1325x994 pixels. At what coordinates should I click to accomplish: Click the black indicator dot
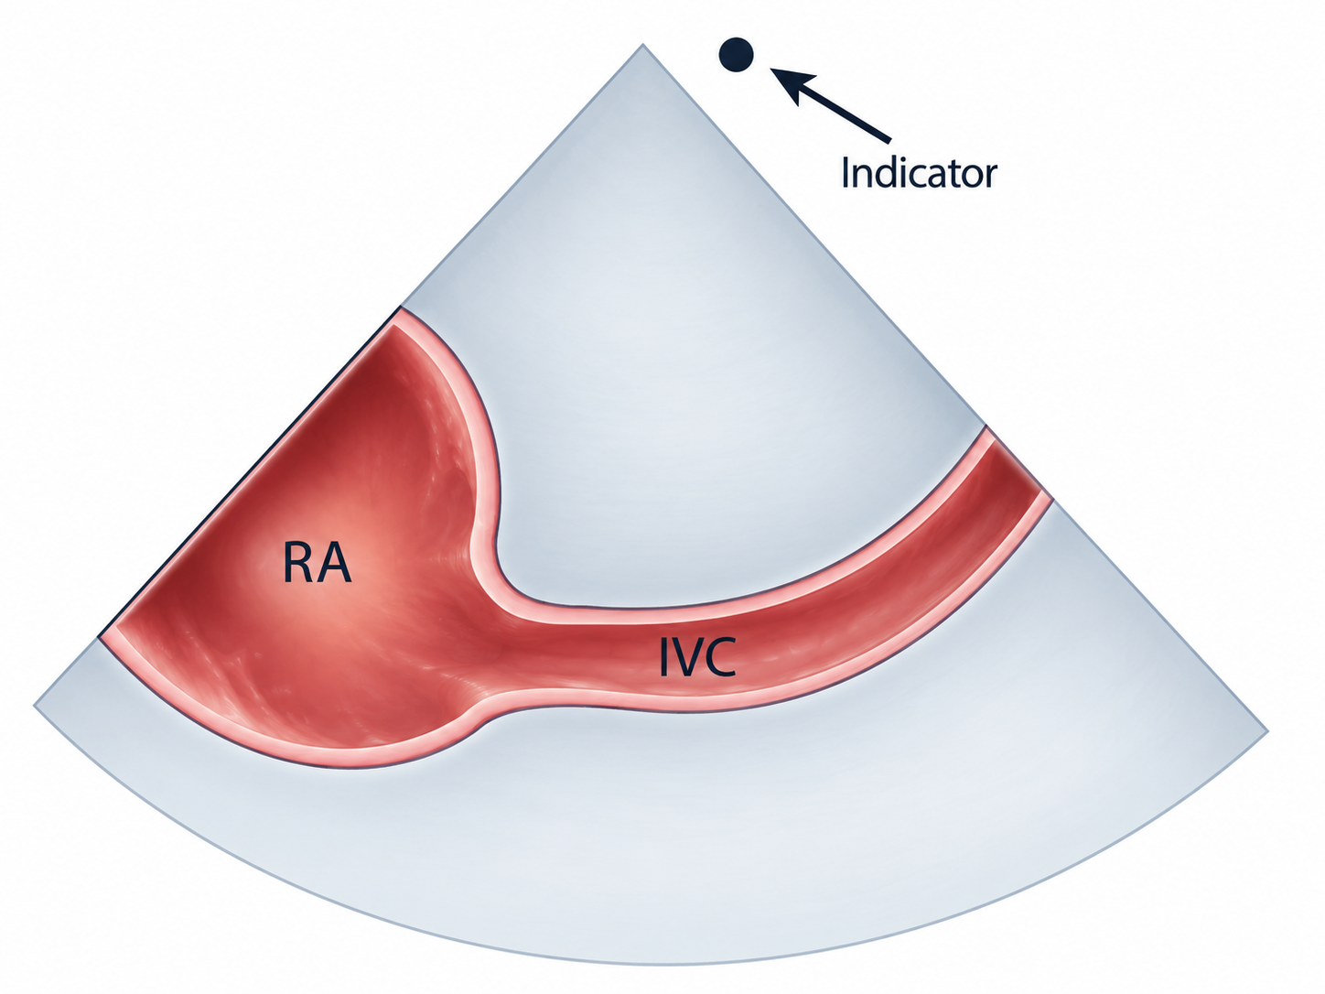click(x=737, y=55)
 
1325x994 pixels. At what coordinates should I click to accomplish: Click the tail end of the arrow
click(x=889, y=140)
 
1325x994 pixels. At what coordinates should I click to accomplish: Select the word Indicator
click(x=918, y=172)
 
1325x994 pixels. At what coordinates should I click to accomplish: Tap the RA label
click(x=317, y=563)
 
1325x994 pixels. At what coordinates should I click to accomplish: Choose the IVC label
click(x=697, y=656)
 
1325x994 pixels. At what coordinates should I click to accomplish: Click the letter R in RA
click(x=298, y=563)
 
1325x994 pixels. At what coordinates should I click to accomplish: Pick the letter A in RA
click(x=334, y=563)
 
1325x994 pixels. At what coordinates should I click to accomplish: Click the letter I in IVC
click(x=663, y=656)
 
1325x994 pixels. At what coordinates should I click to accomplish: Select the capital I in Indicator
click(x=846, y=172)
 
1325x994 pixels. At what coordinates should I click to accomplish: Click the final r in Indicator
click(x=990, y=177)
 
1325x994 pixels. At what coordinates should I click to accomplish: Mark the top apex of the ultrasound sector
click(x=642, y=44)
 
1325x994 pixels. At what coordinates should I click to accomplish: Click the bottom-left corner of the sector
click(x=35, y=705)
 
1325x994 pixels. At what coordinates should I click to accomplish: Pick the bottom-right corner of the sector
click(x=1268, y=731)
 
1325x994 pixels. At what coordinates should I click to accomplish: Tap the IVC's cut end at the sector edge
click(x=1019, y=463)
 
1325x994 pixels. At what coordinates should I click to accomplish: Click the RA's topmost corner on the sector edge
click(x=399, y=308)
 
